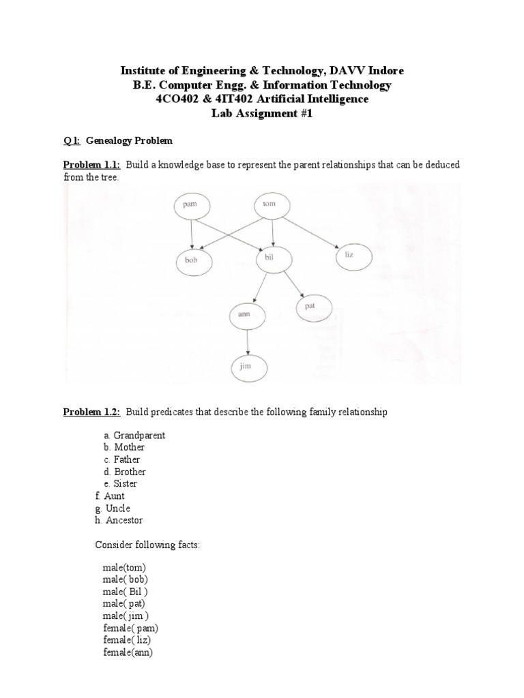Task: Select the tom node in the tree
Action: point(272,204)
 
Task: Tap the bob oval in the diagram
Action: point(192,260)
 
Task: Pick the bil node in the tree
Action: point(274,260)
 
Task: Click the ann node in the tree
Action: point(248,315)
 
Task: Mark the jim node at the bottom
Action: point(248,367)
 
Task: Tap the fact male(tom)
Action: point(123,567)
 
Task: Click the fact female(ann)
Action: point(128,652)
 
